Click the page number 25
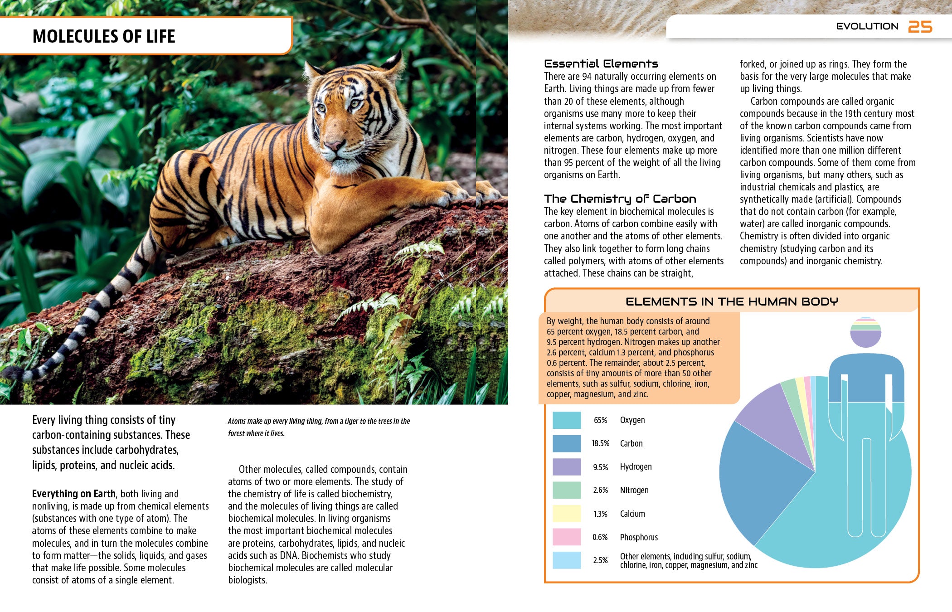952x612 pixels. [920, 27]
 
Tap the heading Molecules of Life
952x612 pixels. [104, 36]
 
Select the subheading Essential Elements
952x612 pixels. [601, 64]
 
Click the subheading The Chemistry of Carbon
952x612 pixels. [620, 199]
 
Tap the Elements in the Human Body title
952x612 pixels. [732, 301]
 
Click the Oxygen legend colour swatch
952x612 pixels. [566, 420]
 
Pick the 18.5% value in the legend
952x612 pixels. [600, 443]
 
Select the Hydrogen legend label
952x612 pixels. [636, 467]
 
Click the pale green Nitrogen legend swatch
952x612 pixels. [566, 490]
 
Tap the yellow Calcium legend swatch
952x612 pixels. [566, 514]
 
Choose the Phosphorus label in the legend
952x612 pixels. [639, 537]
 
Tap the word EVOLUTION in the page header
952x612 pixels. [867, 26]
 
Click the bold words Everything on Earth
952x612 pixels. [73, 494]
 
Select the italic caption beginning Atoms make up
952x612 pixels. [318, 427]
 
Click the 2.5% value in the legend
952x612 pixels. [600, 560]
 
